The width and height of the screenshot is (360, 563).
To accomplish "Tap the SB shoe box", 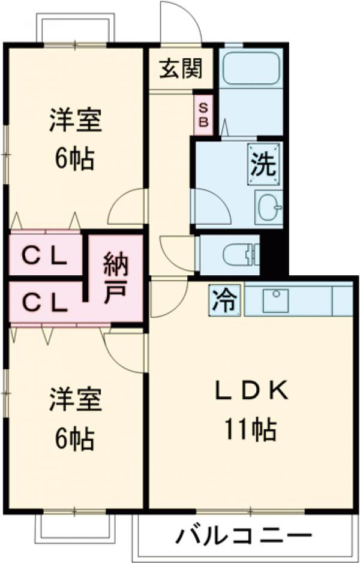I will click(x=203, y=116).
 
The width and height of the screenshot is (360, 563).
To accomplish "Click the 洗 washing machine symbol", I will click(x=264, y=163).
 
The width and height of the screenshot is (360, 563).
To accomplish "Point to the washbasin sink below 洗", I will click(x=268, y=207).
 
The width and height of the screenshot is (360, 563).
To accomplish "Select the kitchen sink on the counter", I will click(x=277, y=297).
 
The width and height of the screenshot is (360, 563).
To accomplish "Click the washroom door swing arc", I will click(x=210, y=207).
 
